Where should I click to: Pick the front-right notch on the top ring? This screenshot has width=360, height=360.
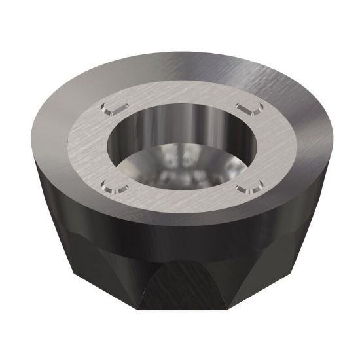pyautogui.click(x=247, y=189)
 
